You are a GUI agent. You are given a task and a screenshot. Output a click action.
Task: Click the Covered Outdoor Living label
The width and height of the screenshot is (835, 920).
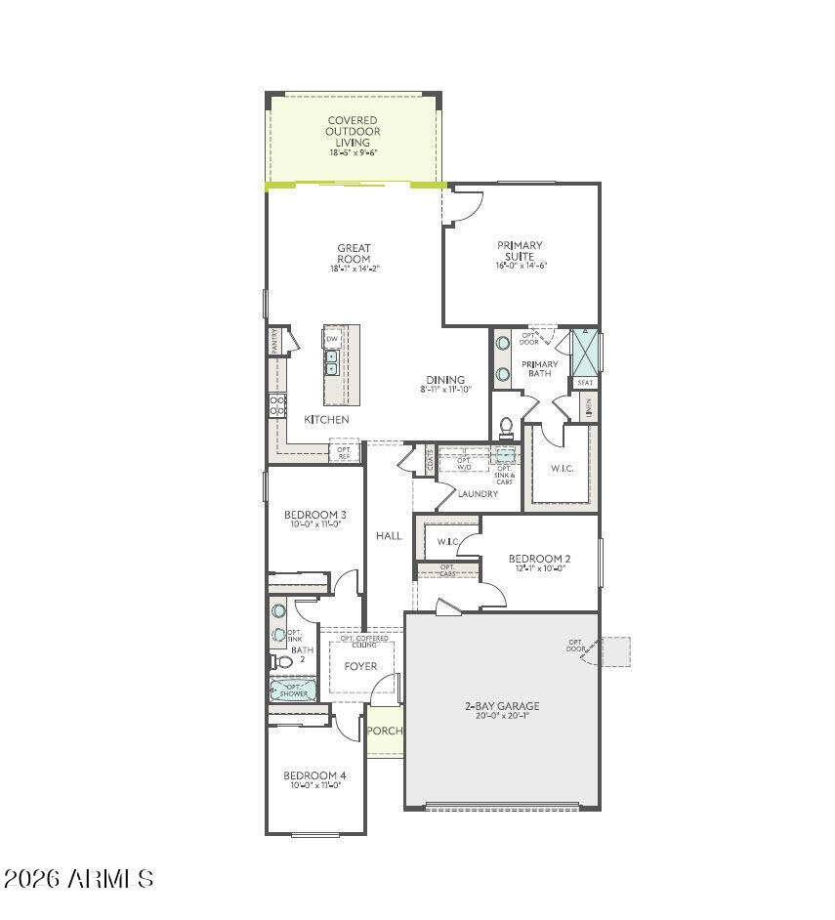click(x=353, y=132)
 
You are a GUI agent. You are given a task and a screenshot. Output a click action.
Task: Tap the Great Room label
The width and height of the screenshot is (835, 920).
click(x=354, y=253)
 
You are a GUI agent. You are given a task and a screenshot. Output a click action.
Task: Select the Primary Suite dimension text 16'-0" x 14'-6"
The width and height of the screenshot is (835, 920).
click(x=521, y=266)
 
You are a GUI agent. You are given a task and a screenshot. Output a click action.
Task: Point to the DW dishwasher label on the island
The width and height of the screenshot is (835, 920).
click(x=332, y=339)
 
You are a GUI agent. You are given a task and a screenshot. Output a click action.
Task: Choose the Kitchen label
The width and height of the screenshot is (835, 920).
click(x=326, y=419)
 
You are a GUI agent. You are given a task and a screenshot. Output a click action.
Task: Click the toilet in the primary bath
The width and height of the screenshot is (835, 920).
click(x=506, y=427)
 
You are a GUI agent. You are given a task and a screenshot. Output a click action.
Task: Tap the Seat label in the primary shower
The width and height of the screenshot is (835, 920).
click(x=585, y=383)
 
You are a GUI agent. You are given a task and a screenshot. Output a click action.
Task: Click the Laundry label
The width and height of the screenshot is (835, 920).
click(x=479, y=494)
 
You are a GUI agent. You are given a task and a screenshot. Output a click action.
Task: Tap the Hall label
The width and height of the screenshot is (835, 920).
click(x=389, y=535)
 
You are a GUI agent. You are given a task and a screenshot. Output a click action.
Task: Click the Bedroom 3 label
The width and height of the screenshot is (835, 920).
click(x=314, y=515)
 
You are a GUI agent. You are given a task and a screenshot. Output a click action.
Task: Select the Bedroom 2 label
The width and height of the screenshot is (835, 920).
click(x=539, y=559)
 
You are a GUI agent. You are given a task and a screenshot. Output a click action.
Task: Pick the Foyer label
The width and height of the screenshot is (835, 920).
click(x=360, y=666)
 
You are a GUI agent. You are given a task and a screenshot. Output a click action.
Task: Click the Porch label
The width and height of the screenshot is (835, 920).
click(x=385, y=731)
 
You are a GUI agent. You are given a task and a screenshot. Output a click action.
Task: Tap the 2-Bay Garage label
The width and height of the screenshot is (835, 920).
click(x=502, y=705)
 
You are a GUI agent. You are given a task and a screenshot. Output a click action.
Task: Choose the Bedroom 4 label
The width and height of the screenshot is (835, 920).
click(x=314, y=775)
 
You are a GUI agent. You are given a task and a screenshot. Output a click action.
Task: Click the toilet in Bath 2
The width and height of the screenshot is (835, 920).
click(x=282, y=661)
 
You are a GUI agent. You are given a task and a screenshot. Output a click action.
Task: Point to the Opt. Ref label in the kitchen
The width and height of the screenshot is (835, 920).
click(x=344, y=453)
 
